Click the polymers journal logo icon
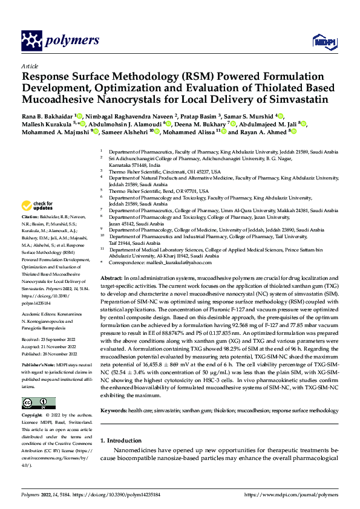(x=33, y=41)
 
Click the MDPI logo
(x=323, y=41)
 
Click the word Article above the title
(x=30, y=65)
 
